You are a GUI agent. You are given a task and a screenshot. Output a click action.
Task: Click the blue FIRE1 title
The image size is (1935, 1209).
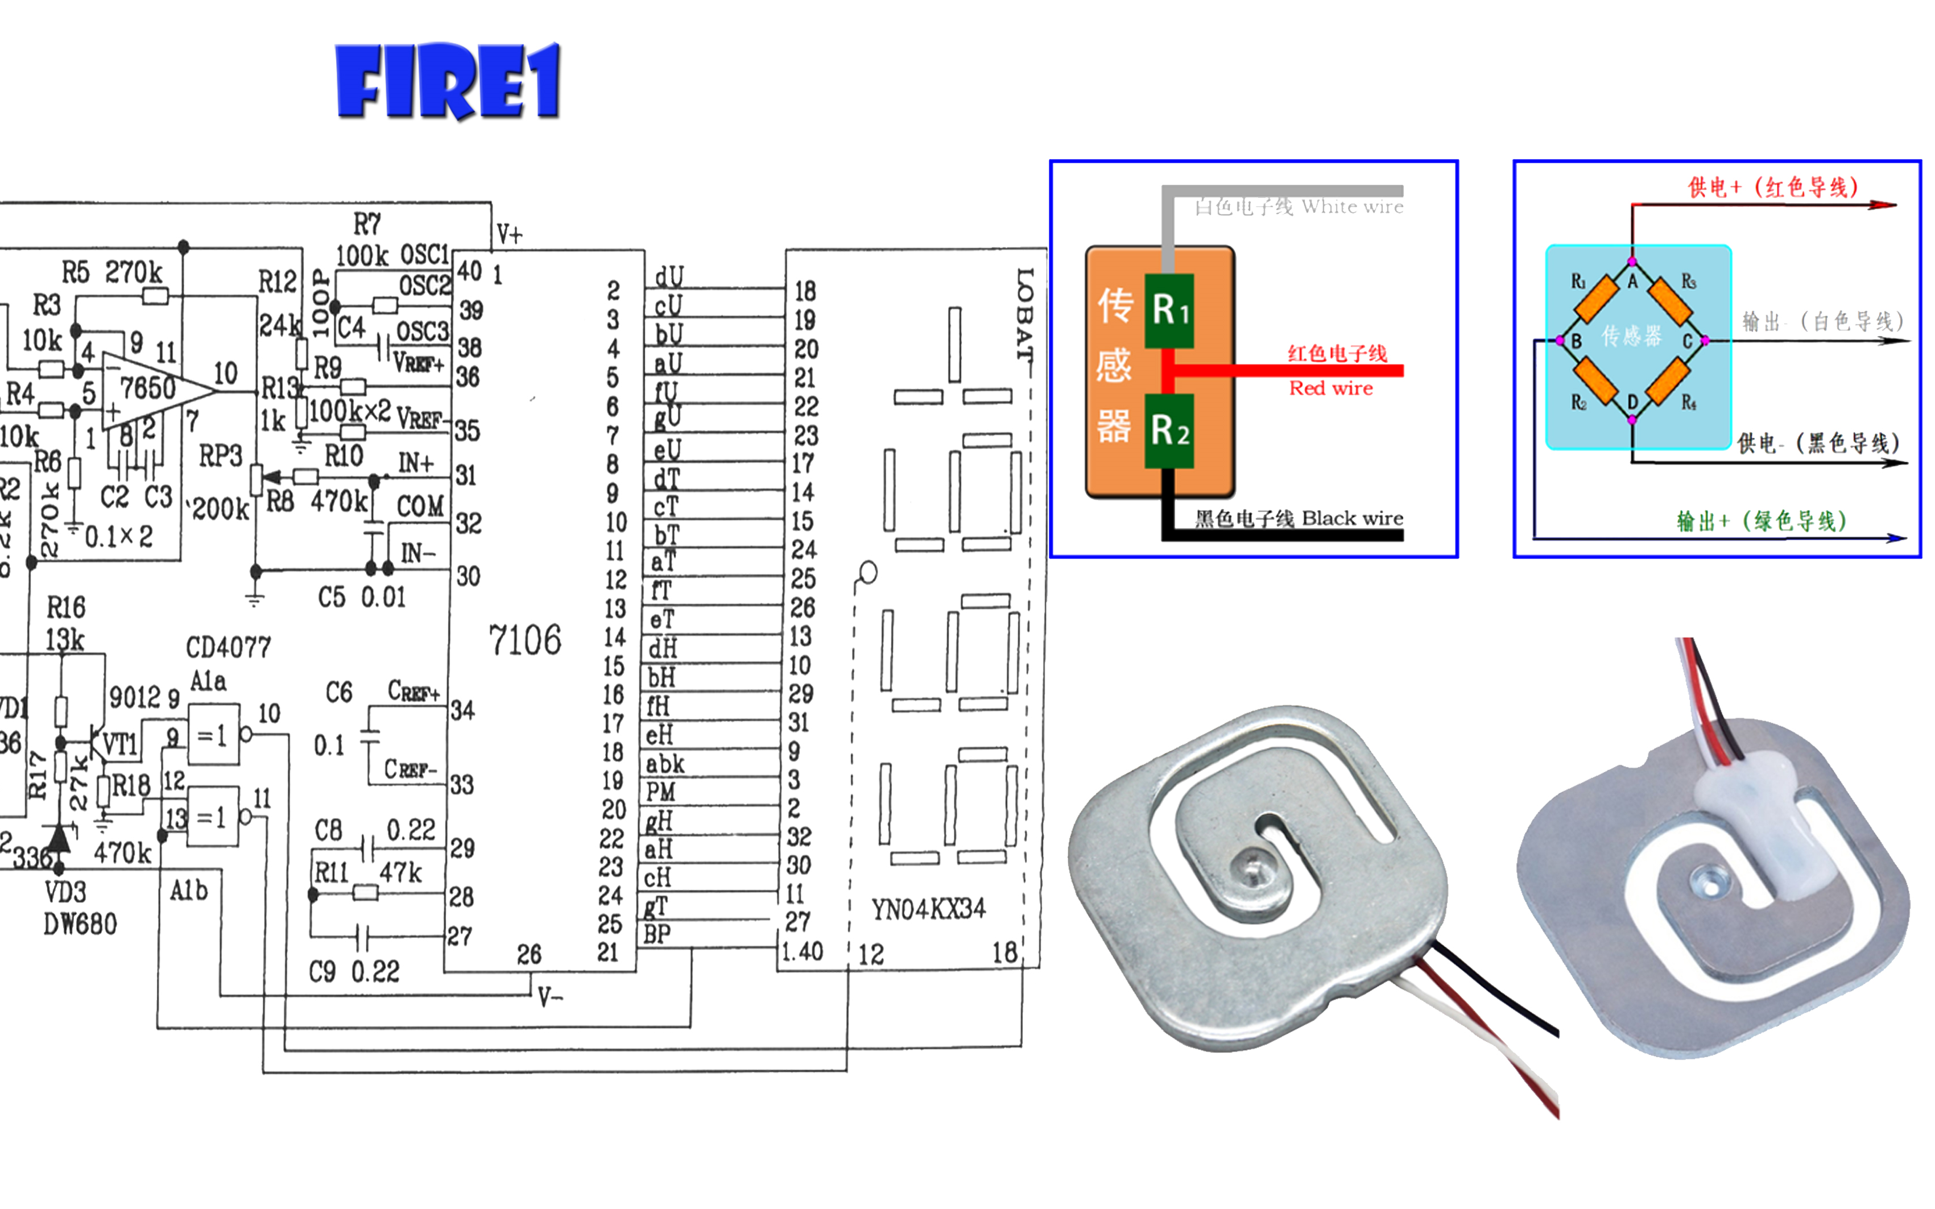448,81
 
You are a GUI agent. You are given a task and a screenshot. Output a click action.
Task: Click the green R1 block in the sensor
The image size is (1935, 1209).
1169,310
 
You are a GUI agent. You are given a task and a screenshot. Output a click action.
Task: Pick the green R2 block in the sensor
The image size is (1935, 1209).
1169,430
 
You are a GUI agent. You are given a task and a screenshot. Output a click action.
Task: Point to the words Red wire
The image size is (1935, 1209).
1330,388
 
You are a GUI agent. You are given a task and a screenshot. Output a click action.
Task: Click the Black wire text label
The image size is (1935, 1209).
1351,518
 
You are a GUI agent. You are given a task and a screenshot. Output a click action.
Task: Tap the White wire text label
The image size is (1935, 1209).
1351,207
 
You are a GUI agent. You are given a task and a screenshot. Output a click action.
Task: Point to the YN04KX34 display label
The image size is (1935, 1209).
928,909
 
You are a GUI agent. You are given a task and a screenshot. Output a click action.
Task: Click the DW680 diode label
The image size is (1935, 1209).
80,924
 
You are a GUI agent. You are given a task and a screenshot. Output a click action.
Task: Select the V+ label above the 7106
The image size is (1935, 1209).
509,234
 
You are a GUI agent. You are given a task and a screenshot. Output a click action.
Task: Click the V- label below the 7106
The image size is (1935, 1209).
550,997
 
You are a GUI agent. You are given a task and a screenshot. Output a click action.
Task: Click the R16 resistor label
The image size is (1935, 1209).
65,608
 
